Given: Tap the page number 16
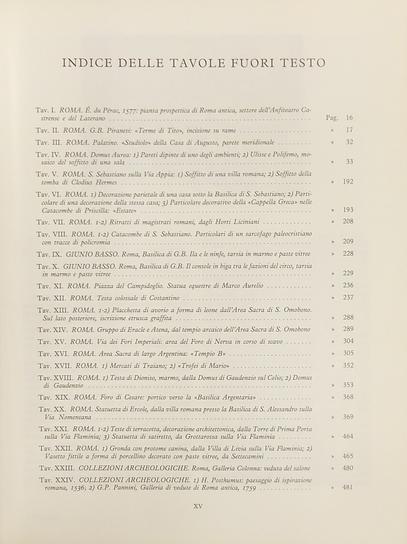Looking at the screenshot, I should pyautogui.click(x=350, y=118).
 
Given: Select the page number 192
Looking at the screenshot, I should pyautogui.click(x=348, y=182).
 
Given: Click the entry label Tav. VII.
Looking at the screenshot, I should pyautogui.click(x=51, y=222).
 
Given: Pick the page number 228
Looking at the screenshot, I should pyautogui.click(x=348, y=254).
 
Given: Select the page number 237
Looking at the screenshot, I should pyautogui.click(x=348, y=298).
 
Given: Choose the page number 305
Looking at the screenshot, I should pyautogui.click(x=348, y=353).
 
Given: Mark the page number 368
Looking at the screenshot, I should pyautogui.click(x=348, y=397).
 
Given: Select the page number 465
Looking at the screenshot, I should pyautogui.click(x=348, y=457).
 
